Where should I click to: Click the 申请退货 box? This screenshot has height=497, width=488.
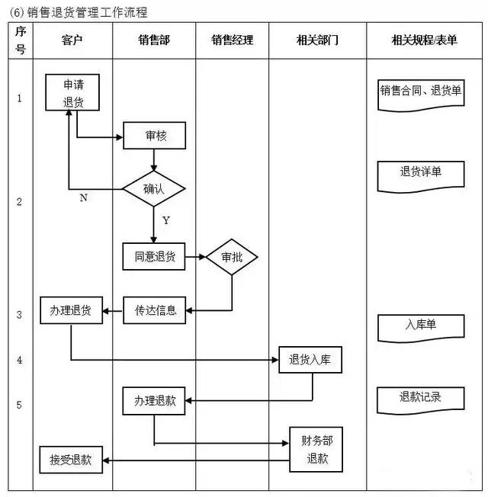point(73,92)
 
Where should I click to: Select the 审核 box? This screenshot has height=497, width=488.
point(155,137)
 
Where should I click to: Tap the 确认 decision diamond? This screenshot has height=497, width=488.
point(154,188)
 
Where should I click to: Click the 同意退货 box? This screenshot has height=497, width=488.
point(154,257)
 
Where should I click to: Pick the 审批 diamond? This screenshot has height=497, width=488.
point(232,257)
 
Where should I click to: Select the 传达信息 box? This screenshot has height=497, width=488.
point(155,310)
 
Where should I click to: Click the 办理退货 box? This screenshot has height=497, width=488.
point(71,310)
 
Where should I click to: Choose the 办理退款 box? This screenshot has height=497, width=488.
point(155,400)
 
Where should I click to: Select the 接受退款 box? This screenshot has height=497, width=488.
point(71,459)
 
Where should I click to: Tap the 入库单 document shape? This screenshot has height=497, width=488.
point(421,326)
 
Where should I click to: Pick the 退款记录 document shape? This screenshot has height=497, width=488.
point(421,398)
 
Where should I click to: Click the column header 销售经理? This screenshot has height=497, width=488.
point(232,40)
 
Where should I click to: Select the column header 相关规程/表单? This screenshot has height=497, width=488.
point(426,40)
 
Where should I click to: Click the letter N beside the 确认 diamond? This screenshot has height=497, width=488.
point(83,198)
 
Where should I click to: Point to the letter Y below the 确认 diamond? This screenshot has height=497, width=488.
point(165,220)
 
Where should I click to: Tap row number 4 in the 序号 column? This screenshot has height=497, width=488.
point(20,360)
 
